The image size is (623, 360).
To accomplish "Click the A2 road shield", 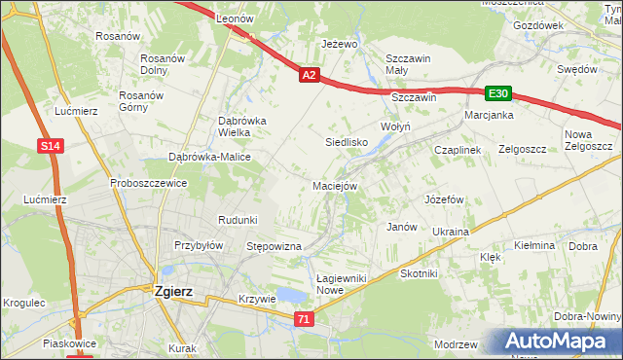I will pyautogui.click(x=309, y=74).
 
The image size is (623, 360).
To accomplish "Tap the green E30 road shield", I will pyautogui.click(x=498, y=93).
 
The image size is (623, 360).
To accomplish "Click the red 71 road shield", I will pyautogui.click(x=305, y=318).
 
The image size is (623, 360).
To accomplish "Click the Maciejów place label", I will pyautogui.click(x=335, y=185).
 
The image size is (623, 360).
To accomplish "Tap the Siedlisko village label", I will pyautogui.click(x=346, y=142).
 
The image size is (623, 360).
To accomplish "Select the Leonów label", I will pyautogui.click(x=235, y=18).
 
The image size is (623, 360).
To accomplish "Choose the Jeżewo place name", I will pyautogui.click(x=340, y=45).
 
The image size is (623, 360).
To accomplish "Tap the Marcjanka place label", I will pyautogui.click(x=489, y=115).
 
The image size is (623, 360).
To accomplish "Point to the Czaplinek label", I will pyautogui.click(x=458, y=150).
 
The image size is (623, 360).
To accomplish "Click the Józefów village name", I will pyautogui.click(x=444, y=198).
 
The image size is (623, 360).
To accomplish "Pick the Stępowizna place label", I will pyautogui.click(x=274, y=247).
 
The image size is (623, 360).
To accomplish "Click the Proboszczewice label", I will pyautogui.click(x=148, y=183).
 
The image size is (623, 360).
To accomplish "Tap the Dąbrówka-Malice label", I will pyautogui.click(x=210, y=157).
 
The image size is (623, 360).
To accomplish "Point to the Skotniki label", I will pyautogui.click(x=419, y=274).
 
